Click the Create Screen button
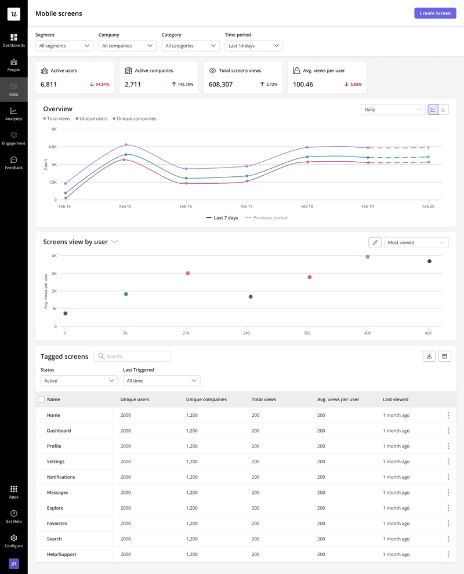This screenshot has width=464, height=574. (x=435, y=13)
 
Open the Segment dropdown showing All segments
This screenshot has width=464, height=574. (x=64, y=46)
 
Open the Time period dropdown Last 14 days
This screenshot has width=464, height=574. (x=253, y=46)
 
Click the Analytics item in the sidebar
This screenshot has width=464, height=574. (x=13, y=114)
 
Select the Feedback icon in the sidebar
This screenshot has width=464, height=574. (x=13, y=160)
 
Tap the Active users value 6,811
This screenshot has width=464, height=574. (x=49, y=85)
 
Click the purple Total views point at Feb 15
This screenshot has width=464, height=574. (x=125, y=144)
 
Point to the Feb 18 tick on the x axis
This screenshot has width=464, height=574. (x=307, y=206)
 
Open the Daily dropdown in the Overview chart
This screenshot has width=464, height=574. (x=393, y=110)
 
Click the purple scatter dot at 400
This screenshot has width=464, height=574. (x=368, y=256)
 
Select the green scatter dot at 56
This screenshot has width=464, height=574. (x=126, y=294)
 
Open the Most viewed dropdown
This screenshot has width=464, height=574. (x=416, y=242)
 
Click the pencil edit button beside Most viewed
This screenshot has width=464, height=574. (x=375, y=242)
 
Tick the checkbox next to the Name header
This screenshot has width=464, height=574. (x=41, y=399)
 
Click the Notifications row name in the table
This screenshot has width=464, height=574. (x=61, y=477)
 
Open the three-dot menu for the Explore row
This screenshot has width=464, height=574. (x=448, y=508)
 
